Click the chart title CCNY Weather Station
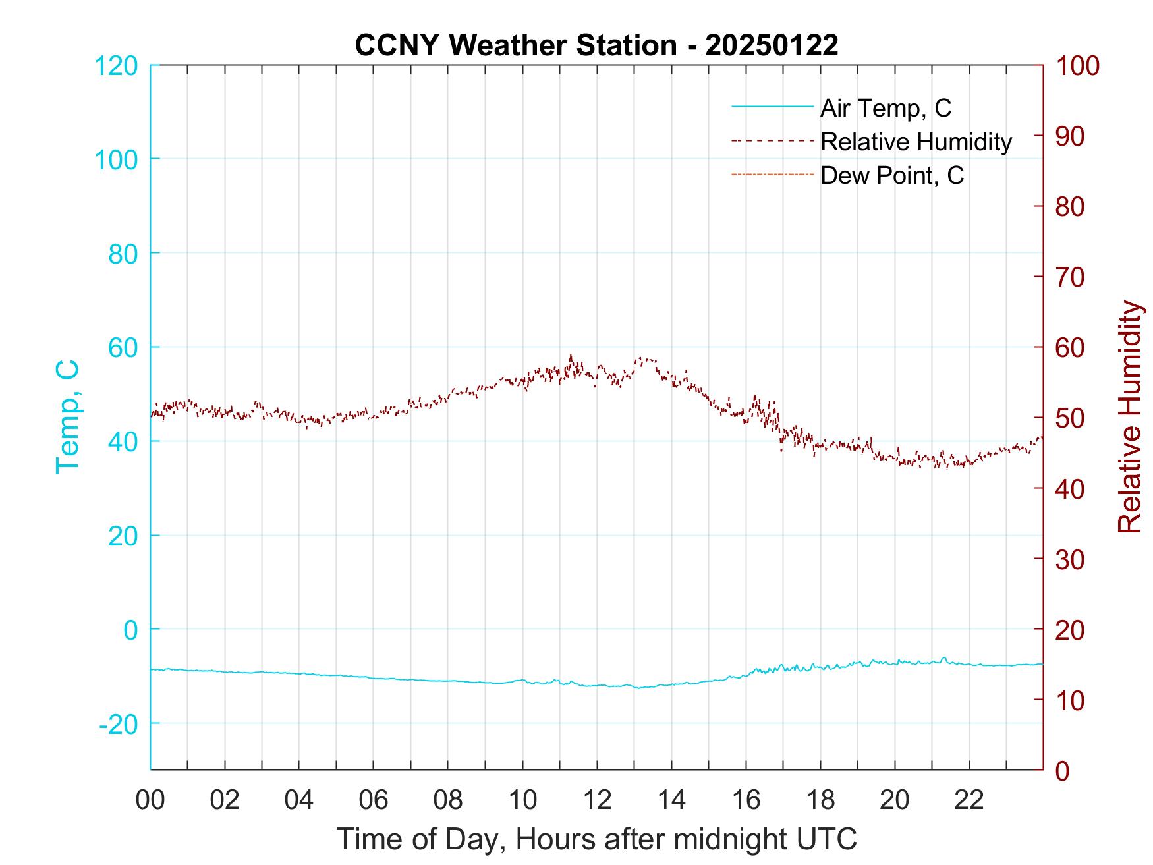(x=596, y=45)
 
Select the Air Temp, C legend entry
(x=885, y=107)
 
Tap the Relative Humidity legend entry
(x=915, y=142)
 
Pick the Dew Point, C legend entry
(x=891, y=176)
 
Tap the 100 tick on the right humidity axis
(x=1078, y=66)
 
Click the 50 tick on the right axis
(x=1071, y=418)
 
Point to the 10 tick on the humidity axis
(x=1071, y=700)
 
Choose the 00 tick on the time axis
(x=150, y=800)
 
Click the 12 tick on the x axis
(x=597, y=800)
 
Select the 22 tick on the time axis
(x=969, y=800)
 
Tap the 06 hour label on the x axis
(x=374, y=800)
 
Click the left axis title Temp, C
(x=67, y=417)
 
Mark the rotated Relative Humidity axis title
(x=1129, y=417)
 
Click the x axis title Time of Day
(x=596, y=839)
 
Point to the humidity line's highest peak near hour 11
(x=571, y=356)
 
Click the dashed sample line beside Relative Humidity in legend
(x=772, y=140)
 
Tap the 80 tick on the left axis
(x=123, y=254)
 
